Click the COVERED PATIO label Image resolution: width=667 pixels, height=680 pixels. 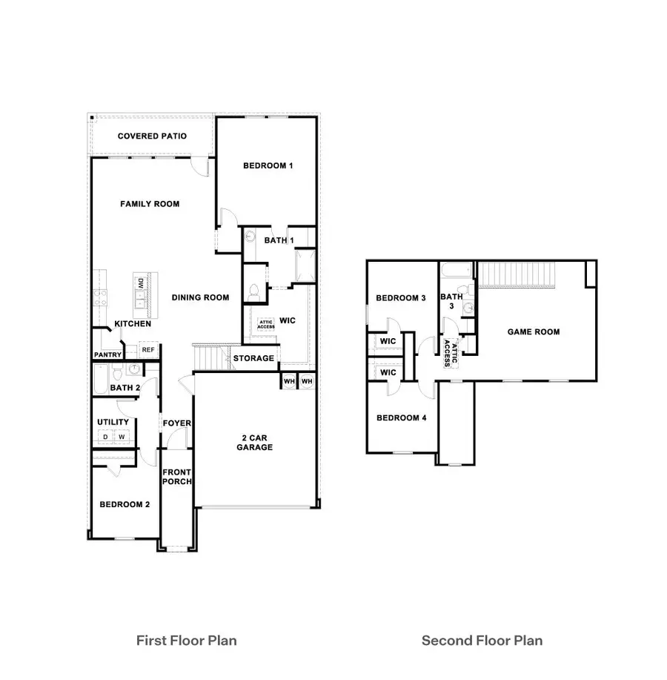(152, 136)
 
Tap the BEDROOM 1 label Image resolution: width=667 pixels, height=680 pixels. (268, 166)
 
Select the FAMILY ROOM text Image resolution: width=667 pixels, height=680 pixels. (150, 204)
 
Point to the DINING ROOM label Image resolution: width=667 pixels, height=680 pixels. (200, 297)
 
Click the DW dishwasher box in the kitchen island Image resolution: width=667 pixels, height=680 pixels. (139, 283)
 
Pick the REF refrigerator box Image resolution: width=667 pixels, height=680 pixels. (148, 349)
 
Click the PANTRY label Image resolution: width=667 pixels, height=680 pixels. (107, 355)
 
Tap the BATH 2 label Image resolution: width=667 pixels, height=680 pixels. (125, 388)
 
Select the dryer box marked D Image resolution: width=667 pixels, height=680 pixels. (105, 438)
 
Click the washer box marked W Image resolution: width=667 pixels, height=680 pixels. (122, 438)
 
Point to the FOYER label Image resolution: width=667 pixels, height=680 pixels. (177, 423)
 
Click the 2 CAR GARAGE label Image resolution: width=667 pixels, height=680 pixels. (255, 442)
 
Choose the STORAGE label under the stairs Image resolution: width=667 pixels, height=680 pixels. (254, 359)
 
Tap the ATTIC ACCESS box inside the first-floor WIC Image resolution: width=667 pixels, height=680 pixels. (266, 324)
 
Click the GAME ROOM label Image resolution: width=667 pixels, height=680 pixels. (533, 332)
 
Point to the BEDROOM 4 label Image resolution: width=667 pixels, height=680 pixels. (401, 417)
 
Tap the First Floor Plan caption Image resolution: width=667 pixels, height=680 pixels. (187, 640)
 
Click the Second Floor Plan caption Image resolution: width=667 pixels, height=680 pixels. (482, 640)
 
